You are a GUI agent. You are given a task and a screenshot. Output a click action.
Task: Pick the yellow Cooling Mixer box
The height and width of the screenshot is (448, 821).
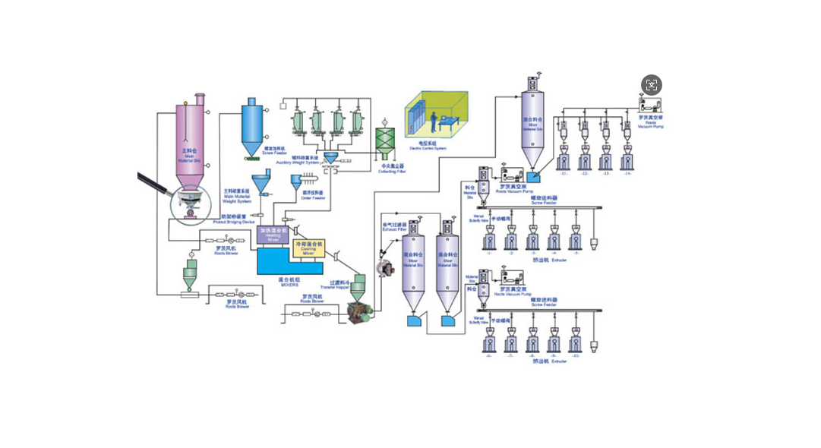[x=308, y=248]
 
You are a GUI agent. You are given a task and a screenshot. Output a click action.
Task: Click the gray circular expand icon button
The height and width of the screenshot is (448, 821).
[x=651, y=85]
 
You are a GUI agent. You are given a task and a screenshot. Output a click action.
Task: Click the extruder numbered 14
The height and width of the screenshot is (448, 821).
[x=627, y=159]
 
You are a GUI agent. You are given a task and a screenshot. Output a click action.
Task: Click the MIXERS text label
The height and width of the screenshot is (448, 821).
[x=288, y=284]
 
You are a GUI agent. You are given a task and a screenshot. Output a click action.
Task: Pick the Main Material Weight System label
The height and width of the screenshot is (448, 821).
[x=237, y=195]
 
